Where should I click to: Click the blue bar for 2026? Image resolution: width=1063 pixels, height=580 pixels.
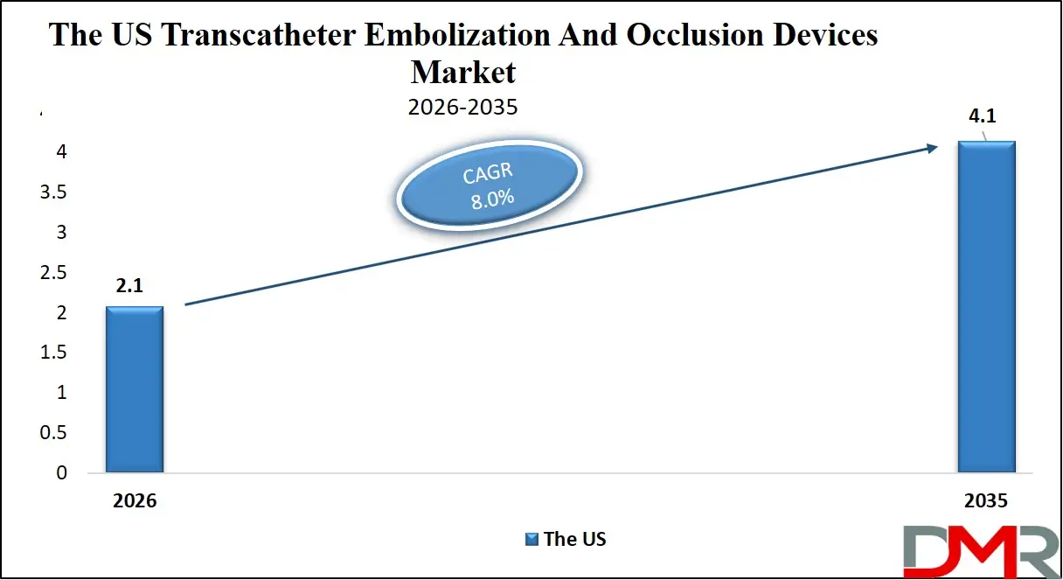[x=134, y=389]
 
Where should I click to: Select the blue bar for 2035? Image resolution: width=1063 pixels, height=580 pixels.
[x=986, y=306]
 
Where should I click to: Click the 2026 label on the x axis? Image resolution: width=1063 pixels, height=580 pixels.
[x=134, y=501]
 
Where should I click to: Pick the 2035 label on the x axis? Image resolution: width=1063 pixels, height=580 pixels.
[x=986, y=501]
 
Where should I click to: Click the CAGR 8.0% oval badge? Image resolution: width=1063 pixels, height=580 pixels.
[x=489, y=185]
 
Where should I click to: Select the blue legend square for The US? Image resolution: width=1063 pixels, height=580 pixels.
[x=531, y=539]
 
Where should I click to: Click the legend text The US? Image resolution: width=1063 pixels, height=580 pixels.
[x=574, y=539]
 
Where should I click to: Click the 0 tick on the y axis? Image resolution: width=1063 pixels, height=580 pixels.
[x=60, y=473]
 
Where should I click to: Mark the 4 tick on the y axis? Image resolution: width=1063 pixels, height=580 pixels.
[x=60, y=152]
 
